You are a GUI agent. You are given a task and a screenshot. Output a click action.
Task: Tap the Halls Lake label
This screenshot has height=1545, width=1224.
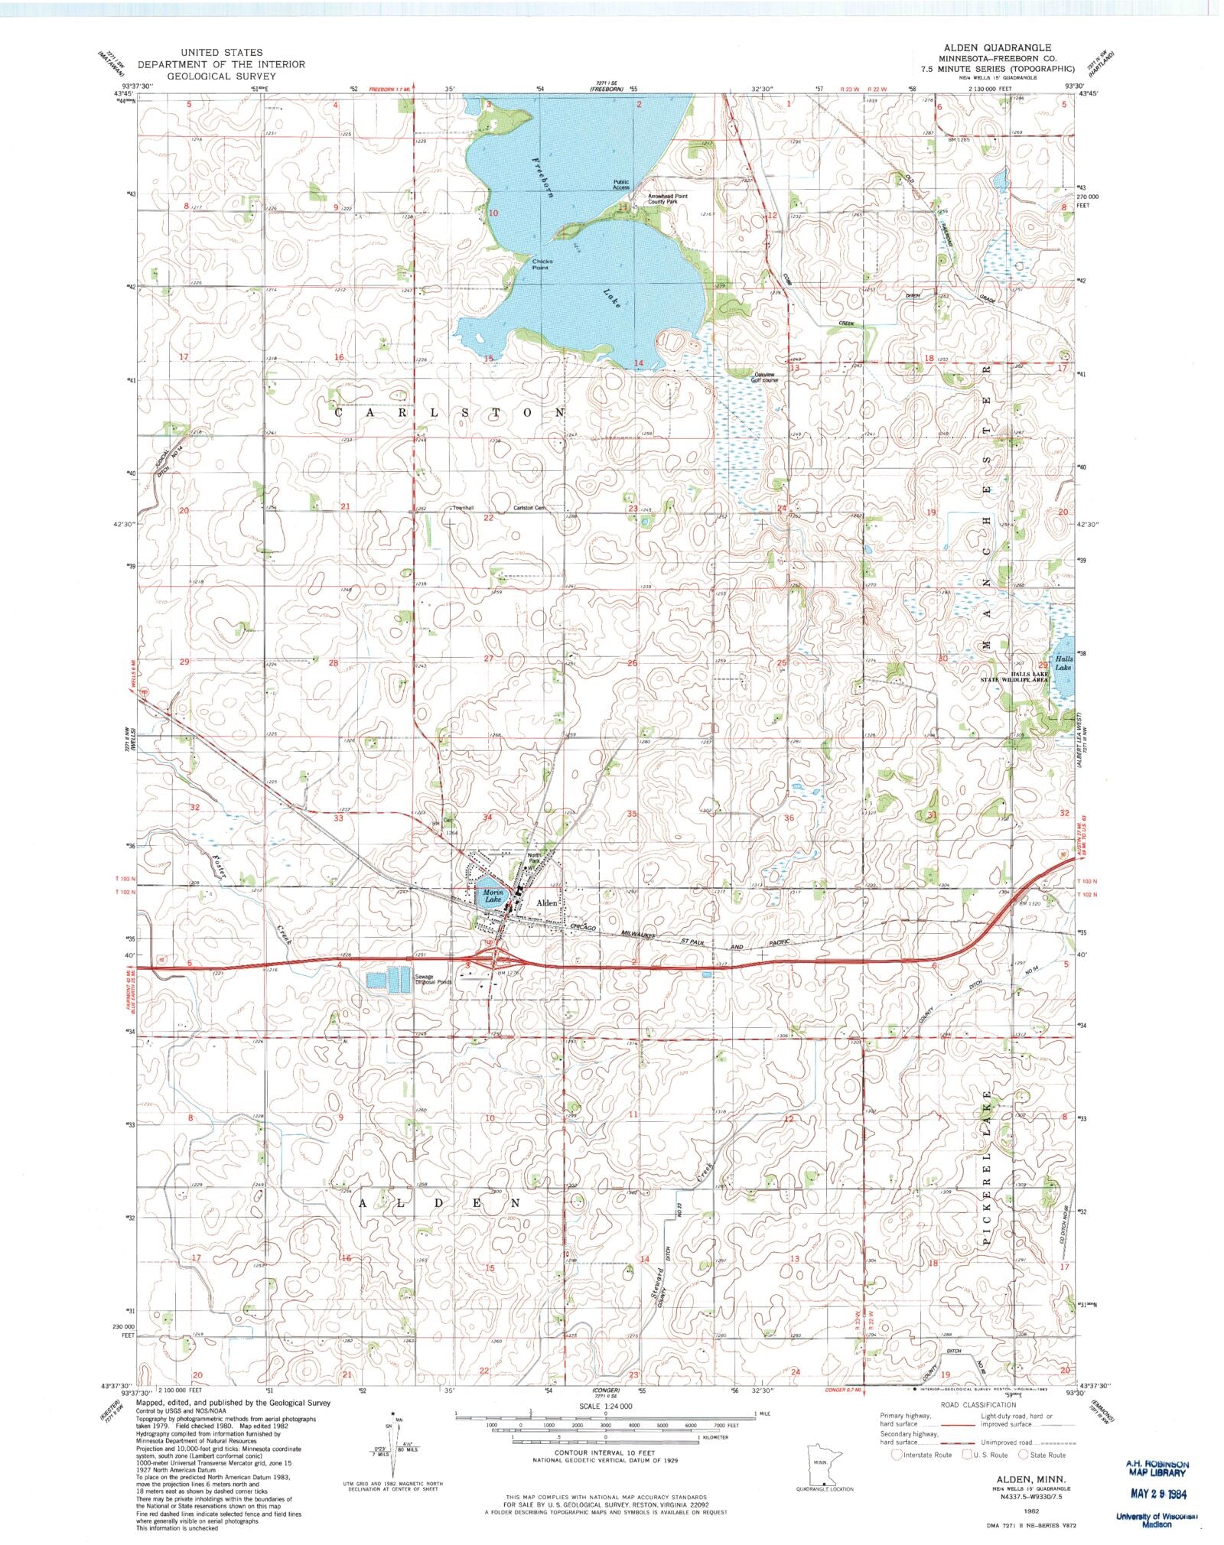tap(1063, 662)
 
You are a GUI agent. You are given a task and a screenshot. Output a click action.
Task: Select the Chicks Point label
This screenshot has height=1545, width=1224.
tap(542, 264)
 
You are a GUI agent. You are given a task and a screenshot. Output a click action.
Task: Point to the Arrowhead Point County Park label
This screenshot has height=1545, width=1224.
tap(667, 199)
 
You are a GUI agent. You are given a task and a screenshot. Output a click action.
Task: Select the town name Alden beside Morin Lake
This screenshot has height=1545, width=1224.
tap(547, 903)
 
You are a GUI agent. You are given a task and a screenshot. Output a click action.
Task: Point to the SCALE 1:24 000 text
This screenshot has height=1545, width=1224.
tap(606, 1407)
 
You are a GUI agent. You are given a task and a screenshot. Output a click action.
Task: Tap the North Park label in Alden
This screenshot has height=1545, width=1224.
tap(534, 858)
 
